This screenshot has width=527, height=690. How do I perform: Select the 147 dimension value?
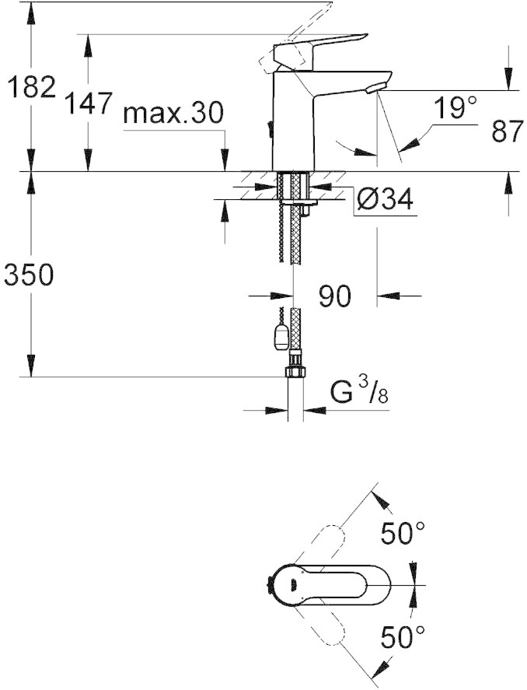[x=89, y=103]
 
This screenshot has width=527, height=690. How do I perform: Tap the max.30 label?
[x=173, y=113]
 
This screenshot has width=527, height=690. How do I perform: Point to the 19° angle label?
[x=455, y=107]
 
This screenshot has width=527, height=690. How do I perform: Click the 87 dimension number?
[x=508, y=130]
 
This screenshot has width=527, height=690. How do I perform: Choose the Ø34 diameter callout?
[x=385, y=200]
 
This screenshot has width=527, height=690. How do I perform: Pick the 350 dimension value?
[x=29, y=275]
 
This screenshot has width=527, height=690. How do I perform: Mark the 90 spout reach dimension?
[x=335, y=296]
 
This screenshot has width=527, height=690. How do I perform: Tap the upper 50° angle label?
[x=403, y=533]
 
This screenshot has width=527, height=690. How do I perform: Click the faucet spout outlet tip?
[x=375, y=87]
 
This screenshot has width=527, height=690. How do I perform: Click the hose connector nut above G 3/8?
[x=295, y=370]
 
